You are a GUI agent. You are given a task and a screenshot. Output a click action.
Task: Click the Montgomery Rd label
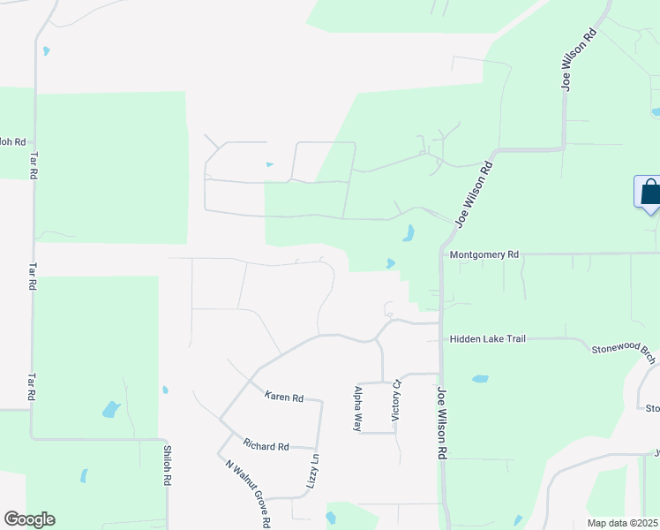(x=484, y=254)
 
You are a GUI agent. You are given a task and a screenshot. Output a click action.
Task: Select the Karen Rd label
(x=283, y=397)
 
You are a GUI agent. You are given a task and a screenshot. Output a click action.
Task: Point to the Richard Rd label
(x=266, y=447)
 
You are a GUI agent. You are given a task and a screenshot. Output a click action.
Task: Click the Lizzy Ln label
(x=313, y=471)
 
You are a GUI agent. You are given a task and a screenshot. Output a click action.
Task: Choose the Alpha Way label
(x=358, y=407)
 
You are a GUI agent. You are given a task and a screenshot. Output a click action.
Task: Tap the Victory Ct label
(x=397, y=399)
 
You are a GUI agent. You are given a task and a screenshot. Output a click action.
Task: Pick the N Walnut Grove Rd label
(x=248, y=493)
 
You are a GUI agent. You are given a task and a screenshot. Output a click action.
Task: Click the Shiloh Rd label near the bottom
(x=166, y=465)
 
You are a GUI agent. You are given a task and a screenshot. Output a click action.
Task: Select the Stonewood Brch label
(x=624, y=350)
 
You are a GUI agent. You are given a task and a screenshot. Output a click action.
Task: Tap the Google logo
(x=29, y=519)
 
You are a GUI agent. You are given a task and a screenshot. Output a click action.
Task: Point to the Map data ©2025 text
(x=622, y=523)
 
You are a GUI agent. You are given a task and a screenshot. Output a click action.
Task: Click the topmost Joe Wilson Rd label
(x=579, y=60)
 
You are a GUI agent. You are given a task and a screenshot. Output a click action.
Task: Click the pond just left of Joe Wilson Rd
(x=408, y=233)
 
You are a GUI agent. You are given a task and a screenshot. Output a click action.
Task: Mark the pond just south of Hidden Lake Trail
(x=480, y=379)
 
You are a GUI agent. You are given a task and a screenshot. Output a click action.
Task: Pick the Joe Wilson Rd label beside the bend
(x=473, y=193)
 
